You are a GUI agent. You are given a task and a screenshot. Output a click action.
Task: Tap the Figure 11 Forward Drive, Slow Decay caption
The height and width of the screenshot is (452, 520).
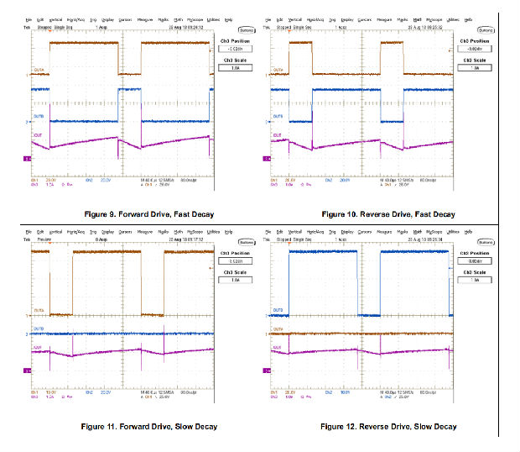[139, 427]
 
